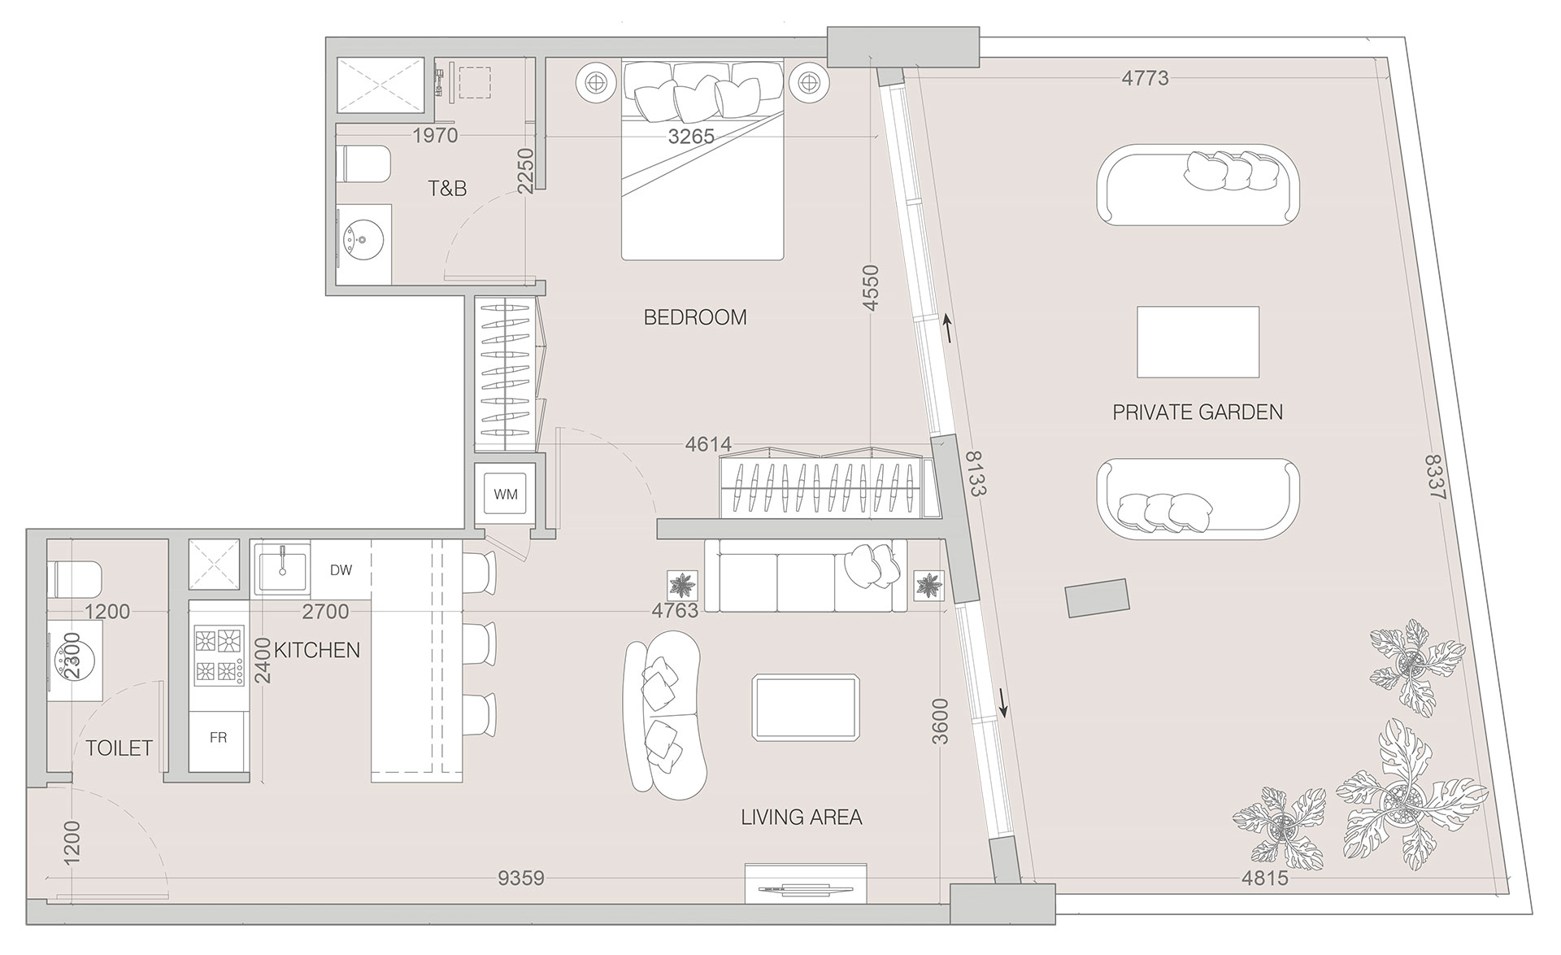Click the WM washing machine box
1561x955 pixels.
pos(506,494)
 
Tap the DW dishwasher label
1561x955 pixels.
pos(341,569)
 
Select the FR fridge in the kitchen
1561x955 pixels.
pos(218,738)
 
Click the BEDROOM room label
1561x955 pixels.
pos(695,317)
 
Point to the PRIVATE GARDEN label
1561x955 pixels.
pos(1198,412)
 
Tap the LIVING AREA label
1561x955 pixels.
pos(802,817)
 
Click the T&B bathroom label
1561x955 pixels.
pos(448,189)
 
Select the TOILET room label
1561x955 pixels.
pos(120,748)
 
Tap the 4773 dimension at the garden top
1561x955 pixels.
pos(1145,78)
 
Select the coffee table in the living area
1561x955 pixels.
pos(806,707)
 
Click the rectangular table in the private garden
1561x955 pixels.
pos(1198,342)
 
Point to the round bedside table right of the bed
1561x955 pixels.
pos(807,81)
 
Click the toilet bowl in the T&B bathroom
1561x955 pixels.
pos(363,164)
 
